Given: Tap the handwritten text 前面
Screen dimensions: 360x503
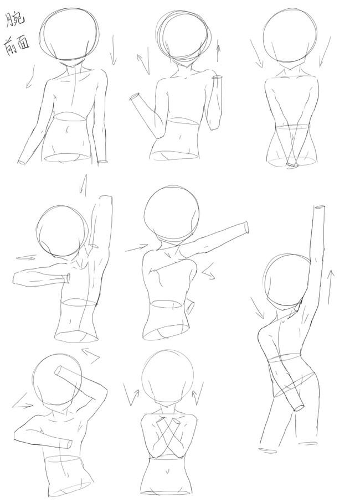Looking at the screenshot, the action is (x=17, y=46).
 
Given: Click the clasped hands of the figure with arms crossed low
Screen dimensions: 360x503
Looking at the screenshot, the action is (x=291, y=165).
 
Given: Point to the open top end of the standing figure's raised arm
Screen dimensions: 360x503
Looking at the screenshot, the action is (x=320, y=208).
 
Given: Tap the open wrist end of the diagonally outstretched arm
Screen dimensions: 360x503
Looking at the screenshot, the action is (x=246, y=228).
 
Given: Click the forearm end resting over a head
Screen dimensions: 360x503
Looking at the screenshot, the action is (x=59, y=371).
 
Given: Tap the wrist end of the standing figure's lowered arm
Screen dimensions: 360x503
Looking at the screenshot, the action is (x=299, y=407).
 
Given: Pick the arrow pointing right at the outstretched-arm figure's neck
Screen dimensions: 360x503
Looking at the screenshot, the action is (x=136, y=248).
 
